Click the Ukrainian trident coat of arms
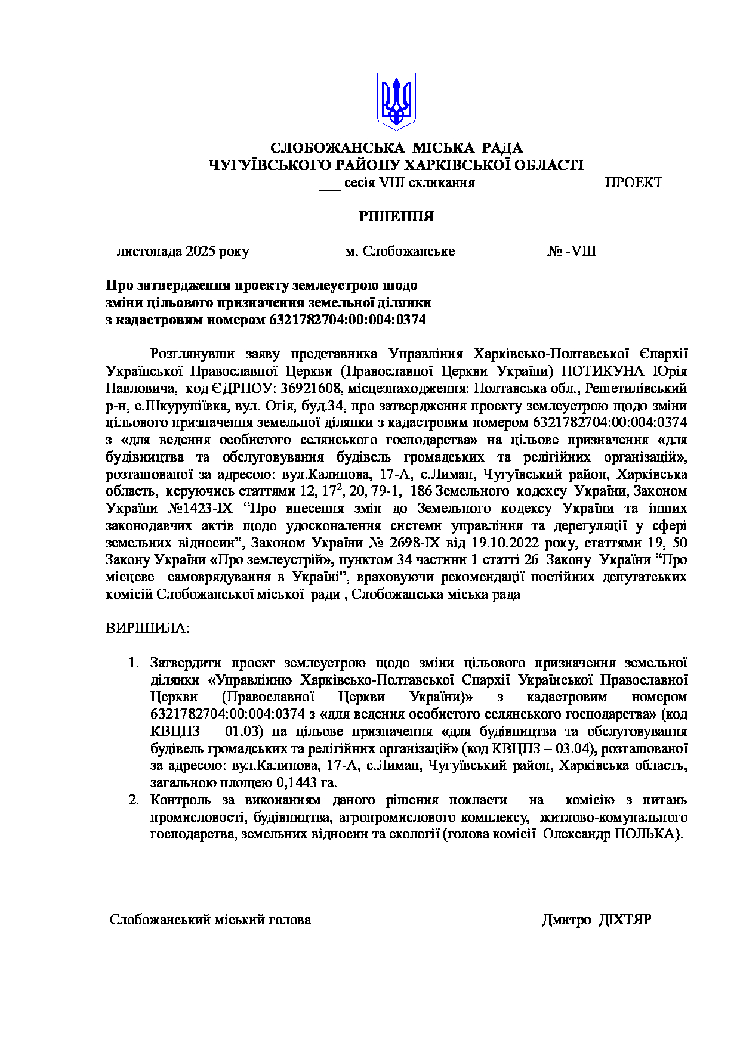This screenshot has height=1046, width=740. [396, 101]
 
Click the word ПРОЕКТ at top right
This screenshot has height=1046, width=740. [633, 183]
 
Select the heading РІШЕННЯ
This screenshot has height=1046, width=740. [396, 216]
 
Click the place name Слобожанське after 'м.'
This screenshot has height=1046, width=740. [409, 251]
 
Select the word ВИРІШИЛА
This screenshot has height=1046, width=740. [147, 628]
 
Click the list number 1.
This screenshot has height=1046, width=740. [134, 663]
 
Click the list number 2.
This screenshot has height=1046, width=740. [134, 800]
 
